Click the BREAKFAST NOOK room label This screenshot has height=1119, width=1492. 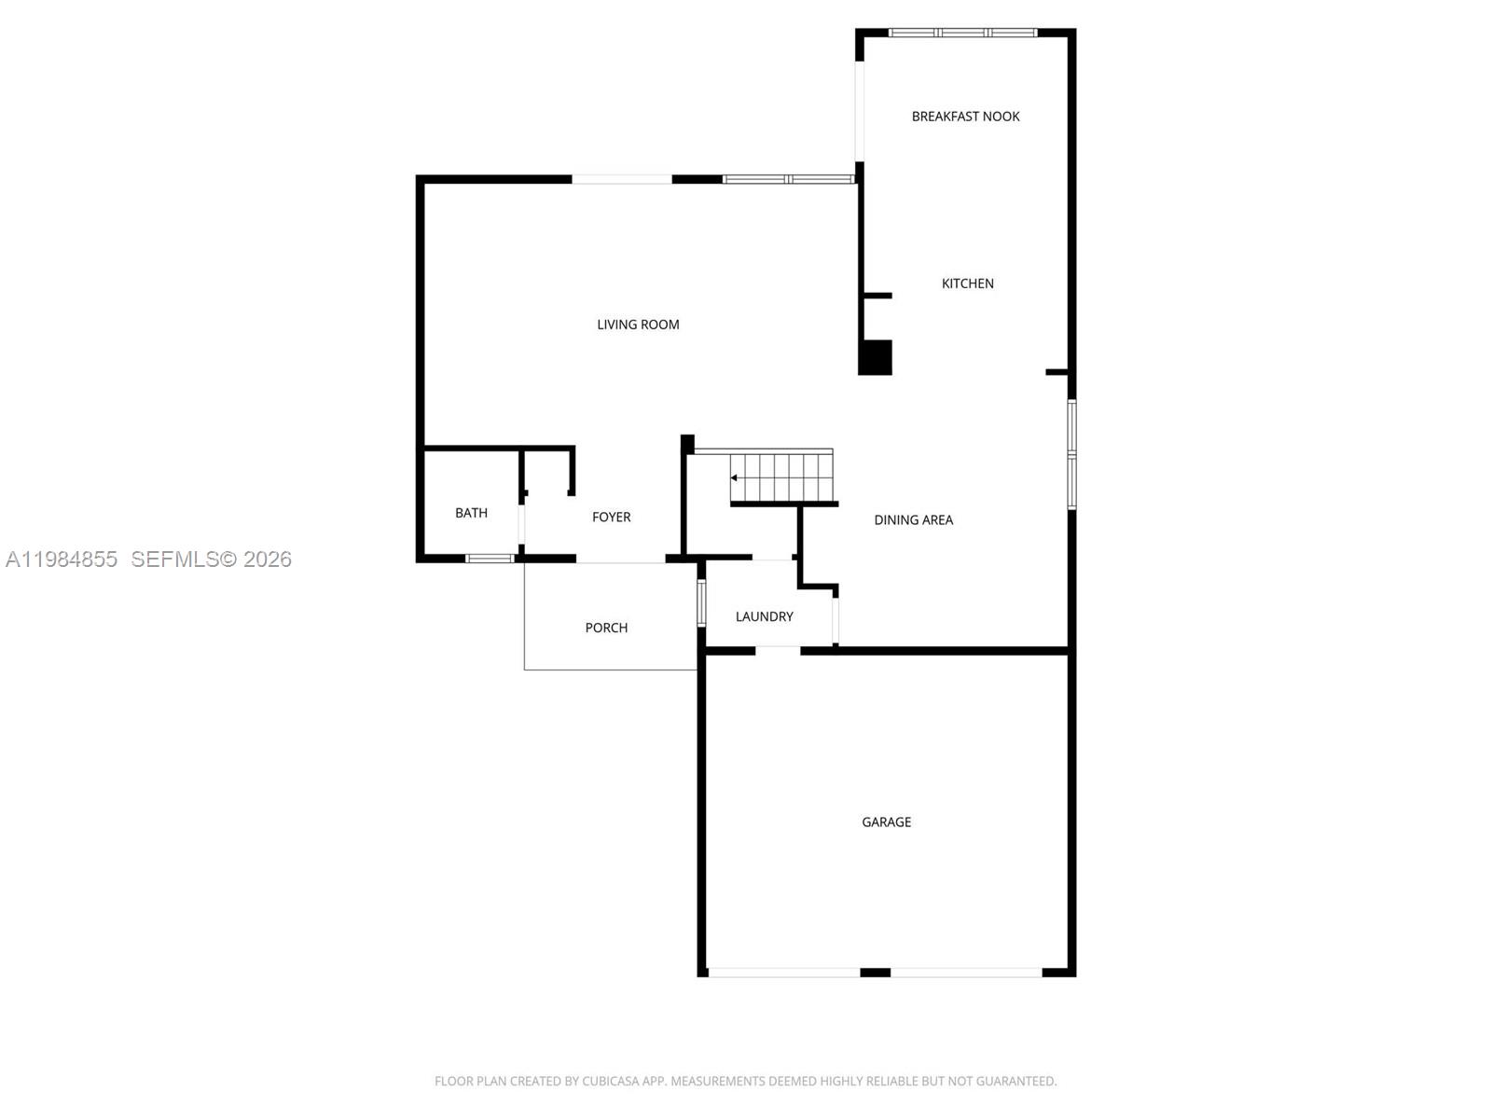(965, 117)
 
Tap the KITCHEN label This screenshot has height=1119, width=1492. (967, 283)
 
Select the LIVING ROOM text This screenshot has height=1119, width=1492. (638, 325)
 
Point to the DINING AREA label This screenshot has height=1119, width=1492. (913, 520)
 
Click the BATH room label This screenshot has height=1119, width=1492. (471, 513)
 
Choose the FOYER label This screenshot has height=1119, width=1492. (611, 517)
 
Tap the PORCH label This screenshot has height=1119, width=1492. (606, 628)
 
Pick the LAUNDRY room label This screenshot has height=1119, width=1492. (764, 616)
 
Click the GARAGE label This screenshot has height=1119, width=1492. (886, 822)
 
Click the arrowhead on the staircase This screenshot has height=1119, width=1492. (735, 477)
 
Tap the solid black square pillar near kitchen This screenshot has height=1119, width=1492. (875, 357)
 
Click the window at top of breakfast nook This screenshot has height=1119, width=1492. (962, 33)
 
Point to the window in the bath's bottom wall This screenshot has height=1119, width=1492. (490, 559)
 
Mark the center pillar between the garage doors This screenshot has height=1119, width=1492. (875, 973)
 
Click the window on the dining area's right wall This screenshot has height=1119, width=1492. (1071, 454)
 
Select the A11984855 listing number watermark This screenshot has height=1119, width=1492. (62, 559)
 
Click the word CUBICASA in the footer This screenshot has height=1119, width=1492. (611, 1082)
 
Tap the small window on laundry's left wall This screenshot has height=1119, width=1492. (701, 601)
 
